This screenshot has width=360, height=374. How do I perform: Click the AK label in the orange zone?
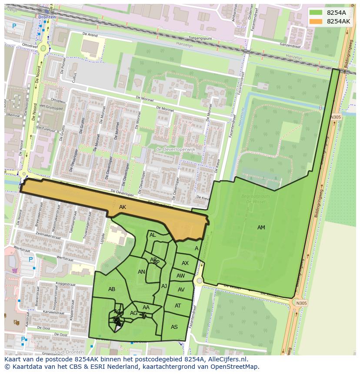click(x=123, y=207)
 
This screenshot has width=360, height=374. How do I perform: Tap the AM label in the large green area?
click(x=261, y=227)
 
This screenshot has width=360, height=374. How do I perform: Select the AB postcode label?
click(x=112, y=289)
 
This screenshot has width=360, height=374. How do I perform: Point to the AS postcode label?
click(x=174, y=327)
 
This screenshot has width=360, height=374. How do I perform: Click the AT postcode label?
click(x=178, y=306)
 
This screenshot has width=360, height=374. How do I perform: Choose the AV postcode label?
click(x=181, y=290)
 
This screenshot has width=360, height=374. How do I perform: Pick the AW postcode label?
click(x=180, y=276)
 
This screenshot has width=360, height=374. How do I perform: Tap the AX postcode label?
click(x=185, y=263)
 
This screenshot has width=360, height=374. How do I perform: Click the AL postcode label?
click(x=153, y=235)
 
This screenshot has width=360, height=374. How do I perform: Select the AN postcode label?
click(x=141, y=272)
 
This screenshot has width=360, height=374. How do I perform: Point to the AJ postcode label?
click(x=164, y=286)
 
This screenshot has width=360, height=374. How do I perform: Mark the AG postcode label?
click(x=133, y=313)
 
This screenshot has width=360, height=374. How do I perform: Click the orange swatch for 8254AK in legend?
click(x=316, y=21)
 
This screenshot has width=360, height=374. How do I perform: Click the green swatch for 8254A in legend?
click(x=316, y=13)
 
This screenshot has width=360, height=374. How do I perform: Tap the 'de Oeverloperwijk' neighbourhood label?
click(x=176, y=149)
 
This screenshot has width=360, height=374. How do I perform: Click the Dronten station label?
click(x=47, y=17)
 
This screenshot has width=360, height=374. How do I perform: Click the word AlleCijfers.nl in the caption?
click(x=226, y=359)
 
